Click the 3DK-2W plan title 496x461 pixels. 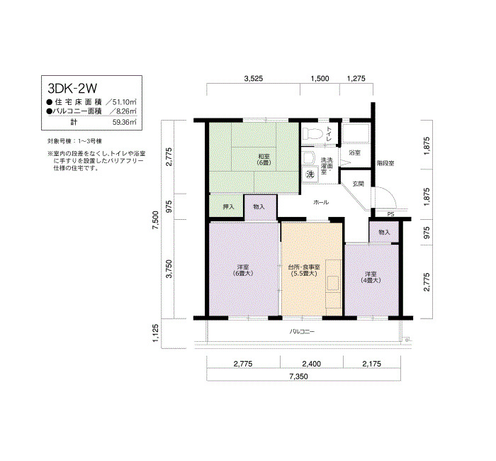point(72,89)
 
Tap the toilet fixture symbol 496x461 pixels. point(312,133)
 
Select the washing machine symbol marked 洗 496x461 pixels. point(310,174)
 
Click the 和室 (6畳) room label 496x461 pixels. point(264,160)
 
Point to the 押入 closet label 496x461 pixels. point(228,207)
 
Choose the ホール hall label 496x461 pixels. point(321,202)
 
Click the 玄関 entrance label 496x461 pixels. point(358,184)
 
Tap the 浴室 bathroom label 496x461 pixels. point(354,152)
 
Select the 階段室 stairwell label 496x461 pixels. point(385,163)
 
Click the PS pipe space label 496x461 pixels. point(390,214)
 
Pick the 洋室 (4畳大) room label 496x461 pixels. point(371,277)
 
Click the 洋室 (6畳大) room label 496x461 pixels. point(243,270)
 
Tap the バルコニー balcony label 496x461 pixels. point(302,331)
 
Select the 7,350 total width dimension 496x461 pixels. point(298,377)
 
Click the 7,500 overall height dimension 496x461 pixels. point(156,221)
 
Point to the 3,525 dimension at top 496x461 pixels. point(254,79)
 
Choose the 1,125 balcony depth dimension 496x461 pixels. point(156,333)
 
